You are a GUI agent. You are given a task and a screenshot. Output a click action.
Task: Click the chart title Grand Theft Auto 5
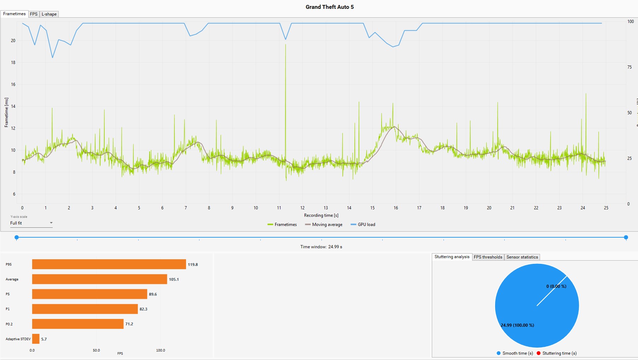(x=330, y=7)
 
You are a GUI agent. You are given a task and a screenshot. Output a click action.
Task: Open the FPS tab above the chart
(x=34, y=14)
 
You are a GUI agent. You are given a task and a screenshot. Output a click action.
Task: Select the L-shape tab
(x=49, y=14)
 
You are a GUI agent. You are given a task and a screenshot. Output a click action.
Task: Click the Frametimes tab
(x=14, y=14)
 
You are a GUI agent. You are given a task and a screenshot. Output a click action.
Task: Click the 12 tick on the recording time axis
(x=302, y=208)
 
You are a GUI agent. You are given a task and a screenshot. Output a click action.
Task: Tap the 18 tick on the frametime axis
(x=13, y=63)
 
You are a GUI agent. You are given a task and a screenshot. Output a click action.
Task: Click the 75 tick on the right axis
(x=630, y=67)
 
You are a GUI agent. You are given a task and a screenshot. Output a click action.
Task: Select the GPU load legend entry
(x=363, y=225)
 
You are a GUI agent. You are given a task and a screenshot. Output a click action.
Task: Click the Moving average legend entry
(x=324, y=225)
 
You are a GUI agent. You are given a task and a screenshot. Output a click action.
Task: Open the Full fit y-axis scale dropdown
(x=31, y=223)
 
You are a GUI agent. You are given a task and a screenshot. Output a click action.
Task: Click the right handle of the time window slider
(x=626, y=237)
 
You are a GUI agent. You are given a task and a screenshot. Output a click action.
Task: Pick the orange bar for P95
(x=109, y=264)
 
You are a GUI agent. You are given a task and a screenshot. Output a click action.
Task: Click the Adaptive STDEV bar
(x=36, y=339)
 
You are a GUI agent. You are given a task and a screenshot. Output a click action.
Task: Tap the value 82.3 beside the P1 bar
(x=143, y=309)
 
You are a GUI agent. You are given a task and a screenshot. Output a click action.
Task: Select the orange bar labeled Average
(x=99, y=279)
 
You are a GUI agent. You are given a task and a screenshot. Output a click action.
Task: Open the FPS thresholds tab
(x=488, y=257)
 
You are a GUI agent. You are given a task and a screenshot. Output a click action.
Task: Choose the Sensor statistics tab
(x=522, y=257)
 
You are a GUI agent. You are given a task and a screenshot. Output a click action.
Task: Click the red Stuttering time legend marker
(x=539, y=353)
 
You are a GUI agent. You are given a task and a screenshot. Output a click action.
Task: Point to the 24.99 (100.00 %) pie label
(x=517, y=325)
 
